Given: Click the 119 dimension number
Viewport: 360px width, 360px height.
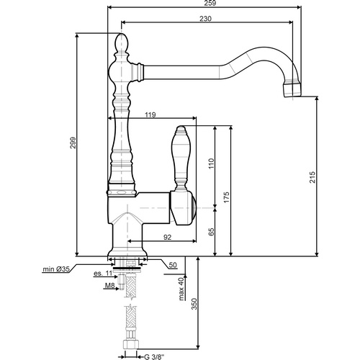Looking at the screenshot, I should tap(150, 114).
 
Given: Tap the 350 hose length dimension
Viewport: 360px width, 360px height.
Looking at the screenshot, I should tap(194, 306).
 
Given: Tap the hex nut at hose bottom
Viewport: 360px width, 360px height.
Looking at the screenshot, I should tap(130, 351).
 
